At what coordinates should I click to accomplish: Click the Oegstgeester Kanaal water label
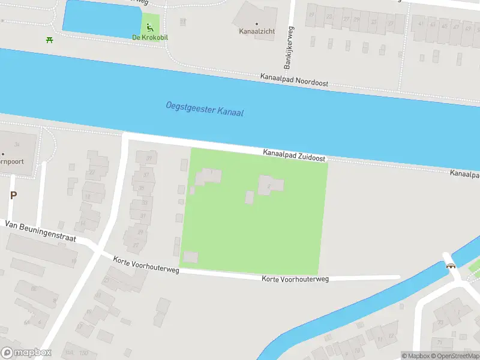point(205,109)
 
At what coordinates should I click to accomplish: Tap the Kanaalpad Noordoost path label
point(294,80)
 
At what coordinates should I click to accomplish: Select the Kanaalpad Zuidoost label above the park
point(294,155)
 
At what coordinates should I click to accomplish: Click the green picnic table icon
point(49,40)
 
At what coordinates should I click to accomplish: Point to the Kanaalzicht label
point(257,30)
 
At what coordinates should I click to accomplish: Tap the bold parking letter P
point(13,195)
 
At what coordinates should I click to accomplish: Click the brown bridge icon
point(449,265)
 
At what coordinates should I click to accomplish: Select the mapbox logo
point(26,353)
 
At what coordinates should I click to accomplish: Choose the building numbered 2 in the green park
point(271,185)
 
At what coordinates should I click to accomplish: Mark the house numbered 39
point(147,158)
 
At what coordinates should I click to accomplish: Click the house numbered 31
point(143,215)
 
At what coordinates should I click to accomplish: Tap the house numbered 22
point(92,172)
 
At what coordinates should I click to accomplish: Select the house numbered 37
point(145,175)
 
